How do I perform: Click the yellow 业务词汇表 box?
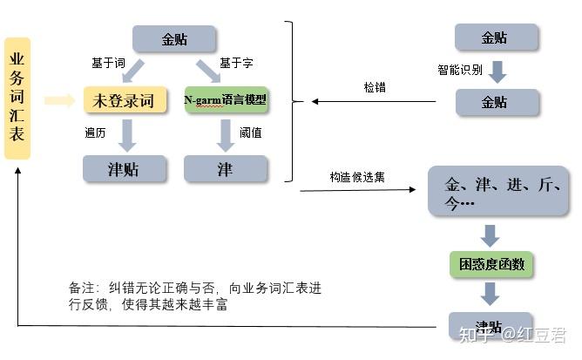click(17, 98)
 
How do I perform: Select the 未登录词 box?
click(124, 101)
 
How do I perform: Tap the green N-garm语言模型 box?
click(227, 100)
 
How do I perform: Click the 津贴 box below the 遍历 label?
click(124, 168)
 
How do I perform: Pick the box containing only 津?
click(225, 168)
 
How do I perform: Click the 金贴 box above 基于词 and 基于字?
click(173, 39)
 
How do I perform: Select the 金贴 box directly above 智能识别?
click(496, 37)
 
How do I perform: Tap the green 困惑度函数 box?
click(491, 263)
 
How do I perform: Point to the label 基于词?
click(109, 64)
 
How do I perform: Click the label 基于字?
click(236, 64)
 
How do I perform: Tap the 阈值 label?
click(252, 133)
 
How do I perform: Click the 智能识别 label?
click(459, 70)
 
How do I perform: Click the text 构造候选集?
click(357, 177)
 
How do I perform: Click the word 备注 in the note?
click(83, 288)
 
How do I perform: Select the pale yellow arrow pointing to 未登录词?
click(59, 101)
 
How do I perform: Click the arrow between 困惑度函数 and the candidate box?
click(491, 234)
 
